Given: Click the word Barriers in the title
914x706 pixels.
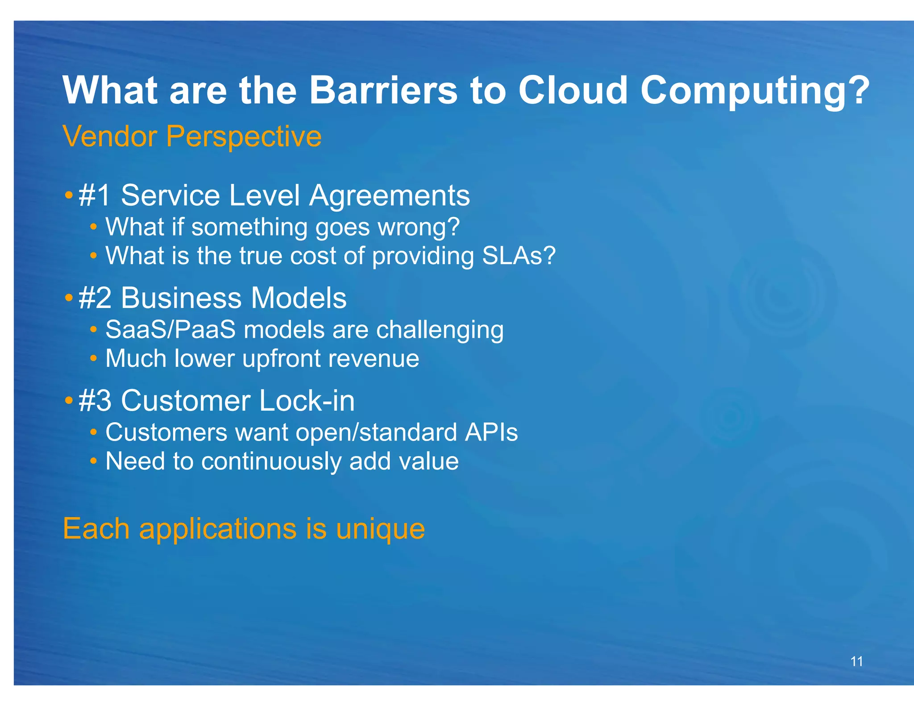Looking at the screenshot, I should pos(383,91).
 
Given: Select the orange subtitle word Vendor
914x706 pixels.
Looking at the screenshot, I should pos(110,136).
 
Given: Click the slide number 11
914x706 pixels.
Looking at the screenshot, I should pos(856,661).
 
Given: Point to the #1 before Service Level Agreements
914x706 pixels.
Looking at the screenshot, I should pos(94,195).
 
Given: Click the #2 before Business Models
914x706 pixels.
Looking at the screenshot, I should pos(95,298).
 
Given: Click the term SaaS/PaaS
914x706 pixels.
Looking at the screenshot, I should pos(170,330).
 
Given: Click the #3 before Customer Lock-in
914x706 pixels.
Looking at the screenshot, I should pos(95,401).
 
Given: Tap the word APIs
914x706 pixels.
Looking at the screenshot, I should pos(491,432).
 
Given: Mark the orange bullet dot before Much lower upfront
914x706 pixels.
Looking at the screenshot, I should pos(93,358).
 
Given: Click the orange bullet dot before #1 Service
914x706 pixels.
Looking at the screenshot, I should pos(68,195).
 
